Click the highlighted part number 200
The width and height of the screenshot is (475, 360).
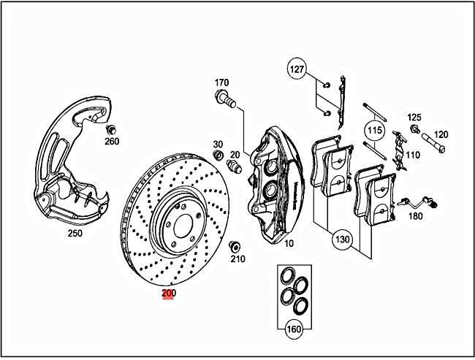click(169, 294)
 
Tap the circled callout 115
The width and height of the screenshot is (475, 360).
click(375, 131)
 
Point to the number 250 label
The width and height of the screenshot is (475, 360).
click(75, 234)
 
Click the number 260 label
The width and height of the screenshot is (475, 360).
click(112, 141)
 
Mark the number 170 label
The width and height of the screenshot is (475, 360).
click(222, 82)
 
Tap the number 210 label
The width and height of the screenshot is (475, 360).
click(238, 258)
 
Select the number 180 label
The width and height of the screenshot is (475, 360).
click(415, 217)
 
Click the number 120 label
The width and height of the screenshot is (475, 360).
click(441, 134)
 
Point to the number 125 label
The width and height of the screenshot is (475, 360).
click(414, 117)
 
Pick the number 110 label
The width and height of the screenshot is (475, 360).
click(413, 155)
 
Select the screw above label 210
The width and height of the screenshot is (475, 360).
click(235, 245)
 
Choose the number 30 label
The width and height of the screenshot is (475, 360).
click(218, 144)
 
